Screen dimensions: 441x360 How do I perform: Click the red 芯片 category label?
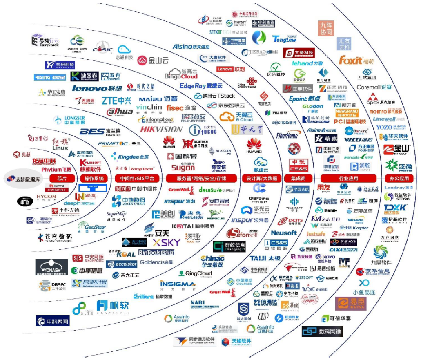click(x=62, y=179)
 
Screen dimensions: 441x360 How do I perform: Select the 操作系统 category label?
click(x=95, y=179)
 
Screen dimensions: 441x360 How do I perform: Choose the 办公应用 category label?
click(x=399, y=179)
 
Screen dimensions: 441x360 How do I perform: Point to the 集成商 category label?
click(x=298, y=179)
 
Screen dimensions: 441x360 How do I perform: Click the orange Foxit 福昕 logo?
click(x=356, y=60)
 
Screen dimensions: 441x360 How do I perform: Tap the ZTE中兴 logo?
click(x=116, y=101)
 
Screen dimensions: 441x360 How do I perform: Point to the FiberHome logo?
click(x=287, y=135)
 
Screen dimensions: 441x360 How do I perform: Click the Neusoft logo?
click(x=284, y=233)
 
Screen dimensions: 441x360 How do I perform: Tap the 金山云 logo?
click(x=153, y=60)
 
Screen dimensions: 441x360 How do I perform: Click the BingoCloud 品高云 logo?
click(x=181, y=74)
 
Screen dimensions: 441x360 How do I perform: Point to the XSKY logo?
click(x=166, y=243)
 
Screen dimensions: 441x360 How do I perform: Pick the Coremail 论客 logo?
click(x=374, y=87)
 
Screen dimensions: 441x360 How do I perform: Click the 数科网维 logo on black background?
click(x=322, y=331)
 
